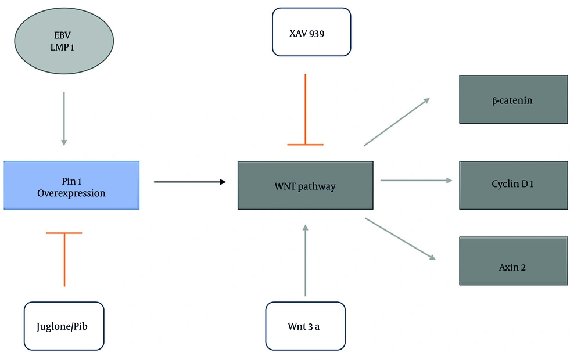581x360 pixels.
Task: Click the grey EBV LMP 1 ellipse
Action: [x=63, y=43]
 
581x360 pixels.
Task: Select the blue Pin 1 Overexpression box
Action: [x=71, y=185]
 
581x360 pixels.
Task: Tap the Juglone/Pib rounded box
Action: [x=64, y=326]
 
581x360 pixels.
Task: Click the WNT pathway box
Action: [x=305, y=186]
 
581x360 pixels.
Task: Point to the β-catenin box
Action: [x=513, y=100]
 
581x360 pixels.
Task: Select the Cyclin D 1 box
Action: [x=513, y=184]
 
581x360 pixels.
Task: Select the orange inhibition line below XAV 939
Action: [x=305, y=110]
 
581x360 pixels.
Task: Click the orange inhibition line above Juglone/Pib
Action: [x=64, y=258]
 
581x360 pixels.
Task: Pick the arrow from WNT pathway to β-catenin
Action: [x=397, y=121]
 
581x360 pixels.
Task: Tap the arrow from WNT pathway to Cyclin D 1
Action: [x=416, y=181]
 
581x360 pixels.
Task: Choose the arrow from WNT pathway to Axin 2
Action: [x=400, y=239]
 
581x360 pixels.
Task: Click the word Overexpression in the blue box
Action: [x=71, y=193]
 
